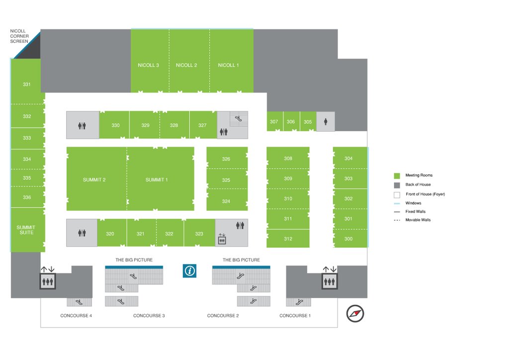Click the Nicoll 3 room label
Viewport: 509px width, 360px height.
(148, 65)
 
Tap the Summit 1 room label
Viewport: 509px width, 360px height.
(157, 180)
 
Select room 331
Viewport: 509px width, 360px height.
(27, 85)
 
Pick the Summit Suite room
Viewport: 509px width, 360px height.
(26, 230)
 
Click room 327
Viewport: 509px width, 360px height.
(202, 125)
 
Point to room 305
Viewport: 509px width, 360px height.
(308, 122)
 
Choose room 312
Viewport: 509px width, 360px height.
(288, 239)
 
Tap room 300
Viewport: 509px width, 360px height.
(348, 239)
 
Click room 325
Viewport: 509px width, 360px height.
(226, 180)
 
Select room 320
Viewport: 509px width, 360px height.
(110, 234)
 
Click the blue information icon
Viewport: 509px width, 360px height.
(190, 270)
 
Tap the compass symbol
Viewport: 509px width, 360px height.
(355, 313)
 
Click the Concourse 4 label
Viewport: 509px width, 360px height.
(76, 316)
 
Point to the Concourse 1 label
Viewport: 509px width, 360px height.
(295, 316)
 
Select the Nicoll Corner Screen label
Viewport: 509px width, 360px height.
(19, 36)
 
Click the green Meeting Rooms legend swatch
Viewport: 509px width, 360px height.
(397, 176)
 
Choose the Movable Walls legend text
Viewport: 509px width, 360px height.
(419, 220)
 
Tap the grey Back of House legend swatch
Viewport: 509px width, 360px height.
(397, 184)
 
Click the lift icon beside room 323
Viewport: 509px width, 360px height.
(222, 239)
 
